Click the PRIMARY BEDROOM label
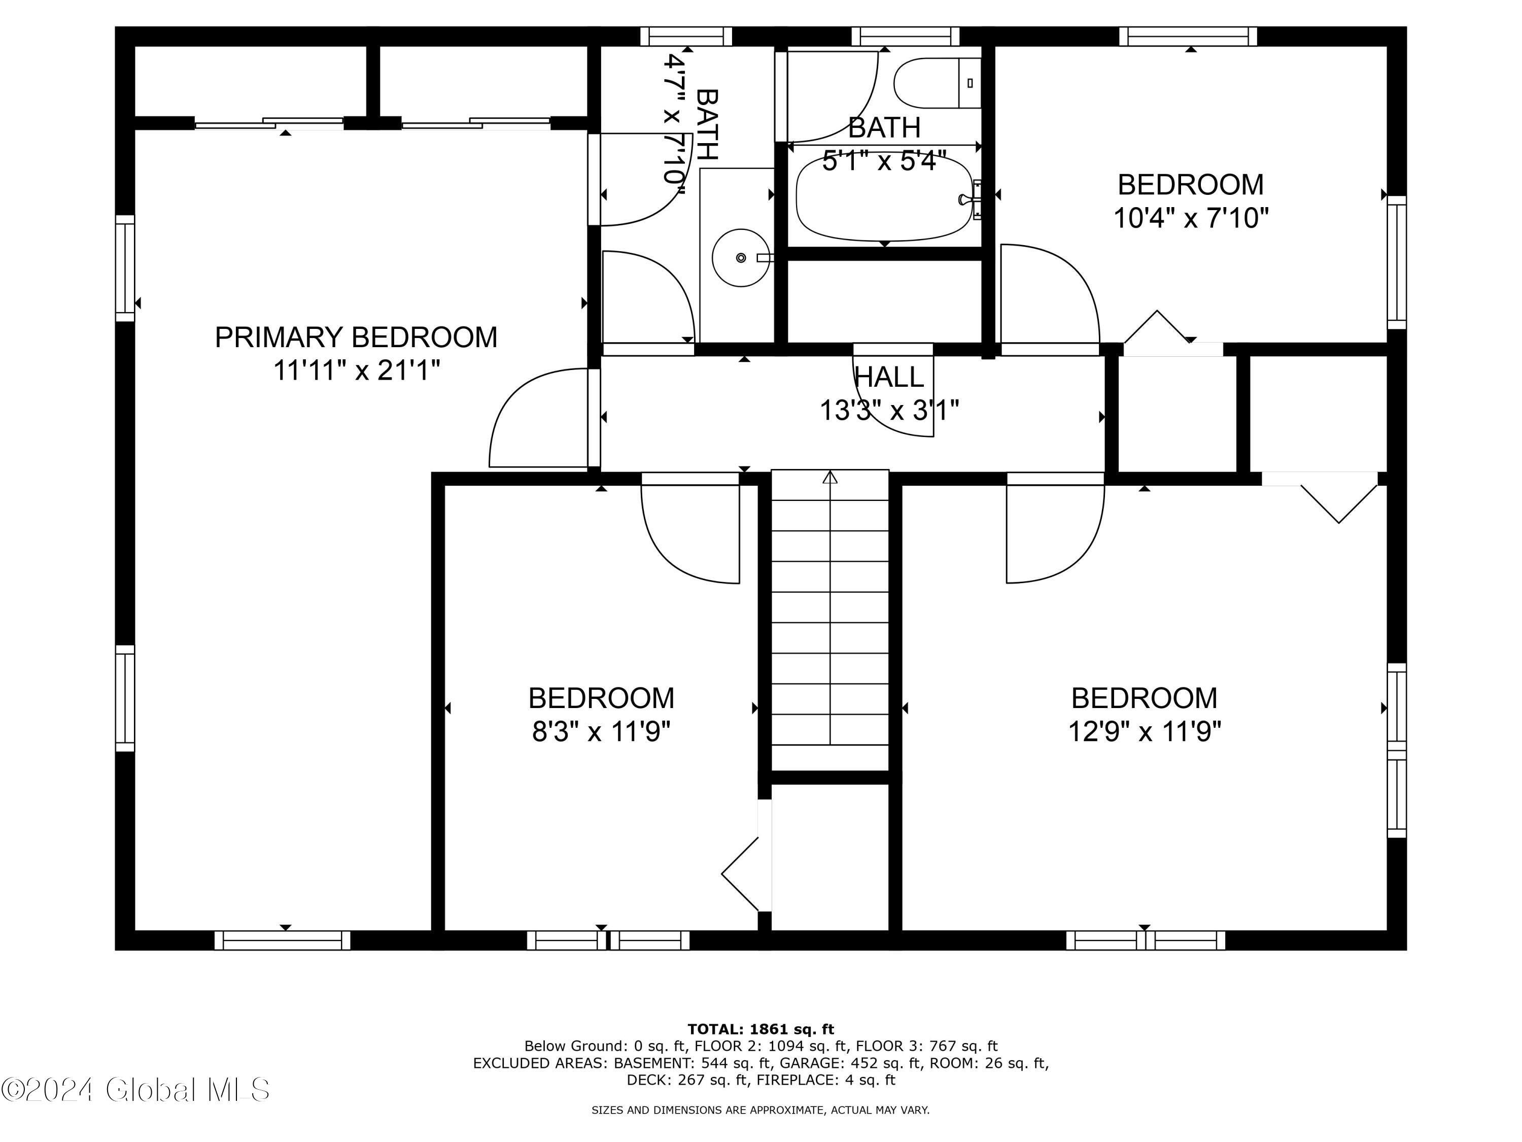pos(356,338)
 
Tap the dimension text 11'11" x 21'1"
pos(357,371)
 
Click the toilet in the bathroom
pos(937,83)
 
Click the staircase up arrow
pos(831,477)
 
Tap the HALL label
pos(888,377)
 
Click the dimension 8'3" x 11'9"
pos(601,731)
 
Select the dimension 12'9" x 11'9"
pos(1144,731)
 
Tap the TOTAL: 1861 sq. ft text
pos(760,1029)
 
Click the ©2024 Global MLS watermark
pos(135,1090)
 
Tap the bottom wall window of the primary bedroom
pos(282,941)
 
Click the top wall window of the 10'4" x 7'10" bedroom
pos(1188,36)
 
